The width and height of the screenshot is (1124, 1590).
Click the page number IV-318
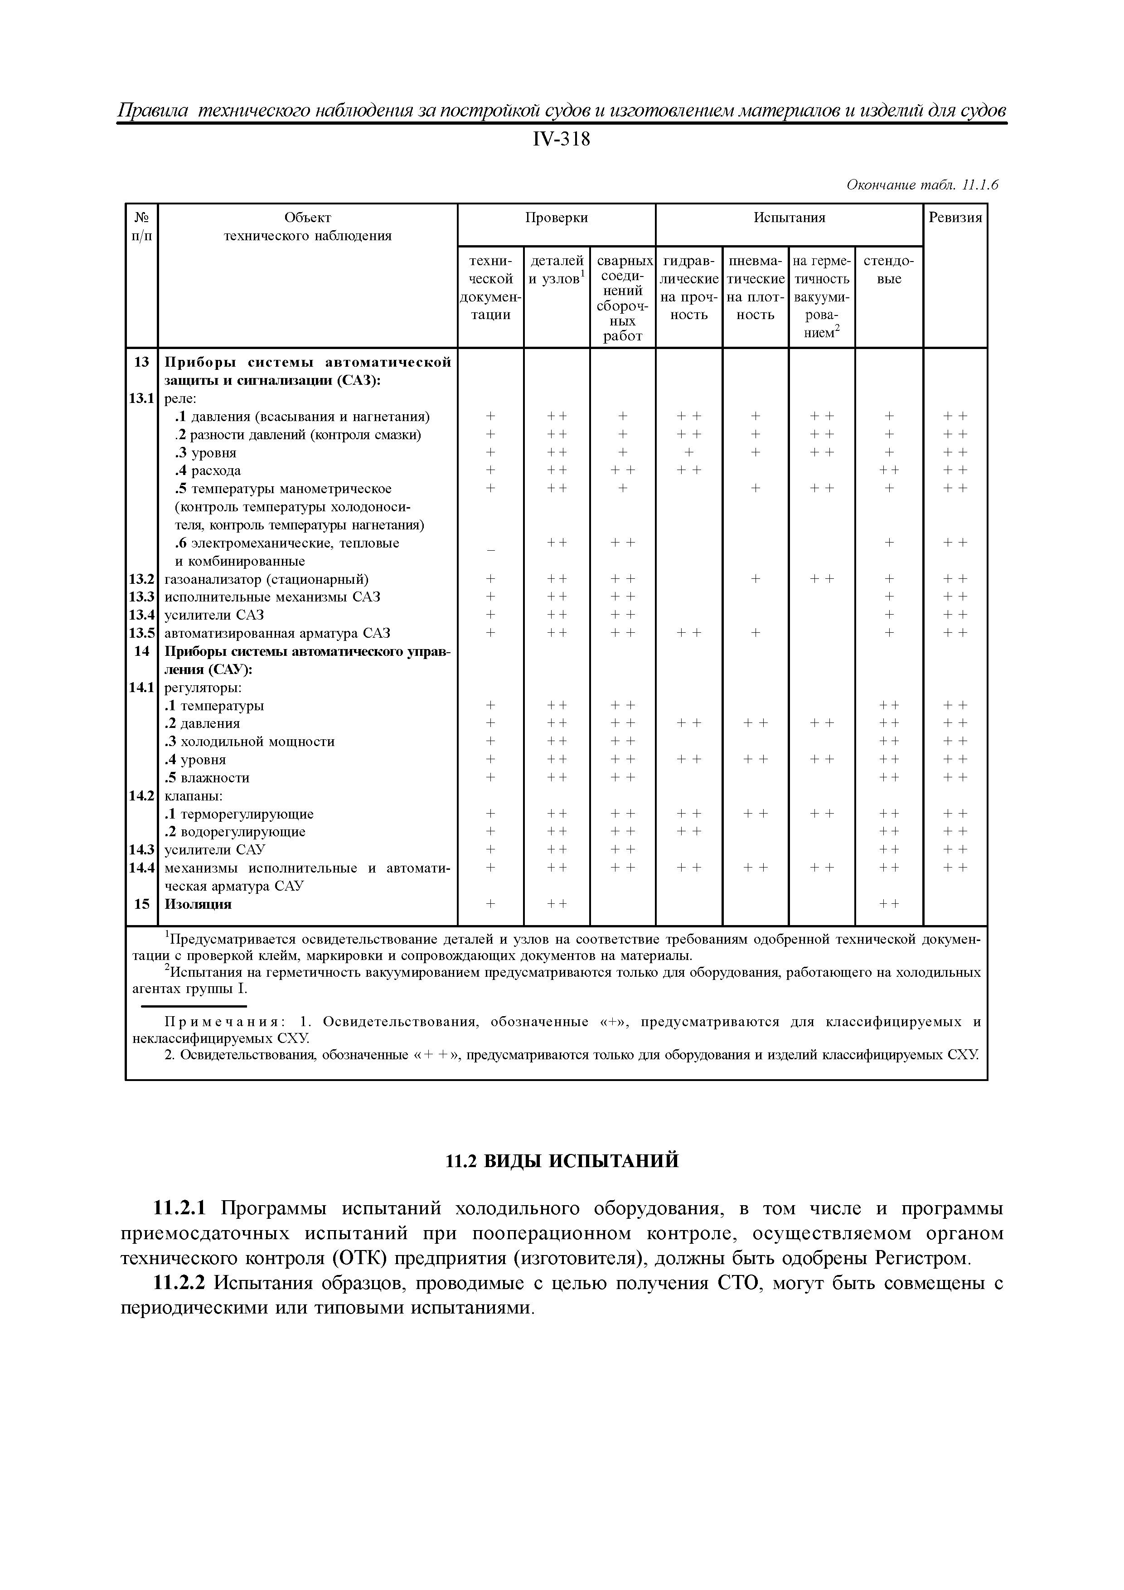pyautogui.click(x=561, y=139)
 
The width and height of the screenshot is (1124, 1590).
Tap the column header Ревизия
pyautogui.click(x=955, y=218)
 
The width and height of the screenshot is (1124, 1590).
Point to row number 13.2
pyautogui.click(x=141, y=579)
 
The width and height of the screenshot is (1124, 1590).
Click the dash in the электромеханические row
pyautogui.click(x=490, y=549)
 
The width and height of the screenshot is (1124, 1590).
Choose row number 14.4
pyautogui.click(x=141, y=868)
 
